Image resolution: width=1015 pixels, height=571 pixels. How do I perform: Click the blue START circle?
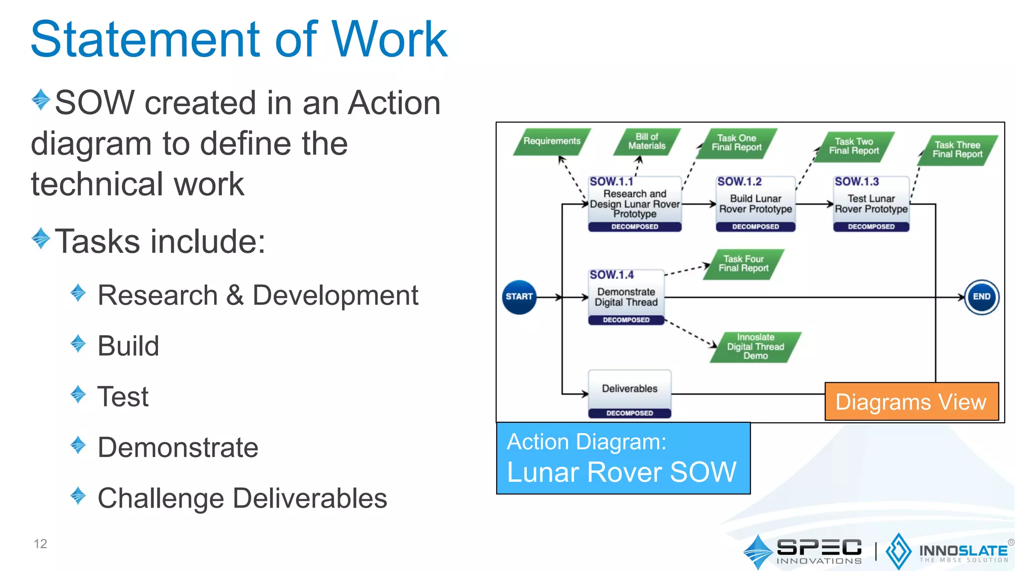(519, 297)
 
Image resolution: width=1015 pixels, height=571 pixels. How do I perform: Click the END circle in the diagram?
(981, 297)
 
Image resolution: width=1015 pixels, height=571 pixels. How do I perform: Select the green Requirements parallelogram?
(552, 141)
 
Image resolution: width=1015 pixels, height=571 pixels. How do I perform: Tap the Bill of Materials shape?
(647, 141)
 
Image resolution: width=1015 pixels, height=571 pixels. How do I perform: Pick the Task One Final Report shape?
(736, 143)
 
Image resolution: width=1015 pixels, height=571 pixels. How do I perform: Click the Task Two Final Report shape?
(854, 146)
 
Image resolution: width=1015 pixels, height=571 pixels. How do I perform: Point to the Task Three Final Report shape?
(957, 150)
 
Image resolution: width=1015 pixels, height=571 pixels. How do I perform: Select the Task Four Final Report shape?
(743, 264)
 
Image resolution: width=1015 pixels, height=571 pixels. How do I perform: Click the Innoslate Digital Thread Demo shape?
(755, 346)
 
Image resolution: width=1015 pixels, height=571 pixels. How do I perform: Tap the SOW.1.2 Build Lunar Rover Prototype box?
(755, 203)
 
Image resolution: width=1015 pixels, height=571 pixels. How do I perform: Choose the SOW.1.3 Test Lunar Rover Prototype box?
(871, 203)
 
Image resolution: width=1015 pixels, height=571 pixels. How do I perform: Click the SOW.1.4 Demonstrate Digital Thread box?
(626, 297)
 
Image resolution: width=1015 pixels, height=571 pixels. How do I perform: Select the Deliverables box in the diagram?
(629, 389)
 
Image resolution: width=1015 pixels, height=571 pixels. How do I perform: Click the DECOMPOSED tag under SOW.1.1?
(634, 227)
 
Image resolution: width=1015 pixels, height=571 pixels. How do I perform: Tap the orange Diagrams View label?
(911, 402)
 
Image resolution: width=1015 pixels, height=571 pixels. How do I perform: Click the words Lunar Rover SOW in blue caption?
(621, 472)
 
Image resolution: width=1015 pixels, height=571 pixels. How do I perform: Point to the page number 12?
(40, 544)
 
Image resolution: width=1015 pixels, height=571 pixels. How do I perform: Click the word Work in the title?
(389, 40)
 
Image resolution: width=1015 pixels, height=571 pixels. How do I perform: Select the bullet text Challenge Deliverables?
(242, 498)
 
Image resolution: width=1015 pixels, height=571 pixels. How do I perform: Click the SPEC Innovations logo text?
(819, 551)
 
